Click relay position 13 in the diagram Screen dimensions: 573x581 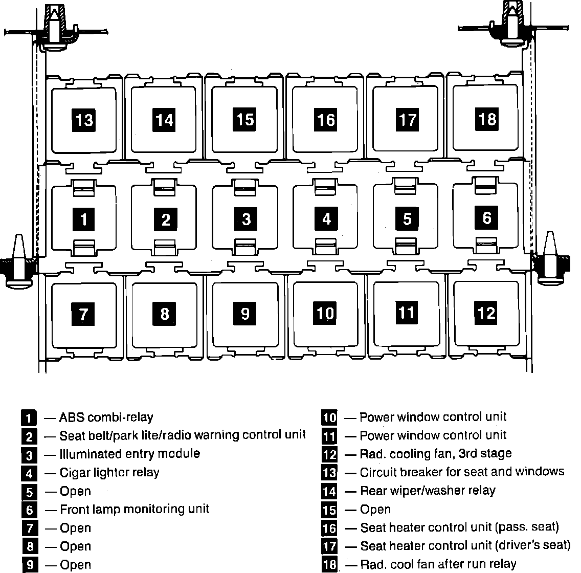coord(84,120)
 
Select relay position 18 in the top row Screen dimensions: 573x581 coord(487,119)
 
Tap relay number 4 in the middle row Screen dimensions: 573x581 coord(327,219)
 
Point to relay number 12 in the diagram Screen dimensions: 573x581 coord(486,312)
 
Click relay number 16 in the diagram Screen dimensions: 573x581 coord(326,120)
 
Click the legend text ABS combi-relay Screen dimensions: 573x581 coord(106,417)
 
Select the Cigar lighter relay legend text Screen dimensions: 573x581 coord(109,472)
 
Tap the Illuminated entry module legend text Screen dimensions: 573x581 coord(130,454)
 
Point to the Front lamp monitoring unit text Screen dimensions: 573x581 coord(135,509)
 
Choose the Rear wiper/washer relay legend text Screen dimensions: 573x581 coord(428,491)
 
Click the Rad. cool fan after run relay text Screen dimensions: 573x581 coord(438,564)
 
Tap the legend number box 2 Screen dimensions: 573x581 coord(29,436)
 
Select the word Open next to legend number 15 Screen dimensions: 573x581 coord(375,510)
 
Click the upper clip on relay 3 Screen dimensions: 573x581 coord(245,188)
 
